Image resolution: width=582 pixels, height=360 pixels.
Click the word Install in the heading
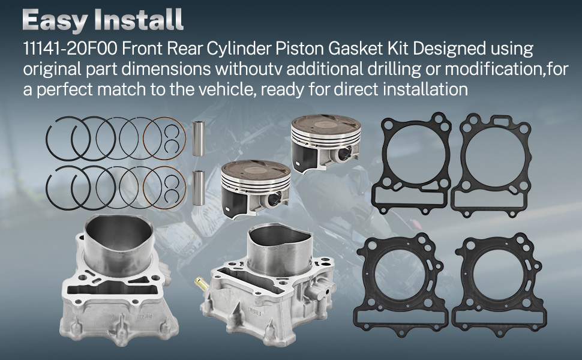click(x=139, y=19)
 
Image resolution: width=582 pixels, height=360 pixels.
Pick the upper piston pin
click(x=198, y=139)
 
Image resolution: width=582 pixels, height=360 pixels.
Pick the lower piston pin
click(x=199, y=188)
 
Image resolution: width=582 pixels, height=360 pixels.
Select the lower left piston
click(x=256, y=189)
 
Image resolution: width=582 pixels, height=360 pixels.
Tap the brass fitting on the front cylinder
click(x=203, y=284)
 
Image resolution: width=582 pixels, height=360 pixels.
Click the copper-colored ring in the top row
click(x=164, y=139)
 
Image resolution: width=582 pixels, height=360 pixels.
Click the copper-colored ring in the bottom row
click(x=164, y=187)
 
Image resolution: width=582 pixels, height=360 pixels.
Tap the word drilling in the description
click(x=394, y=69)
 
